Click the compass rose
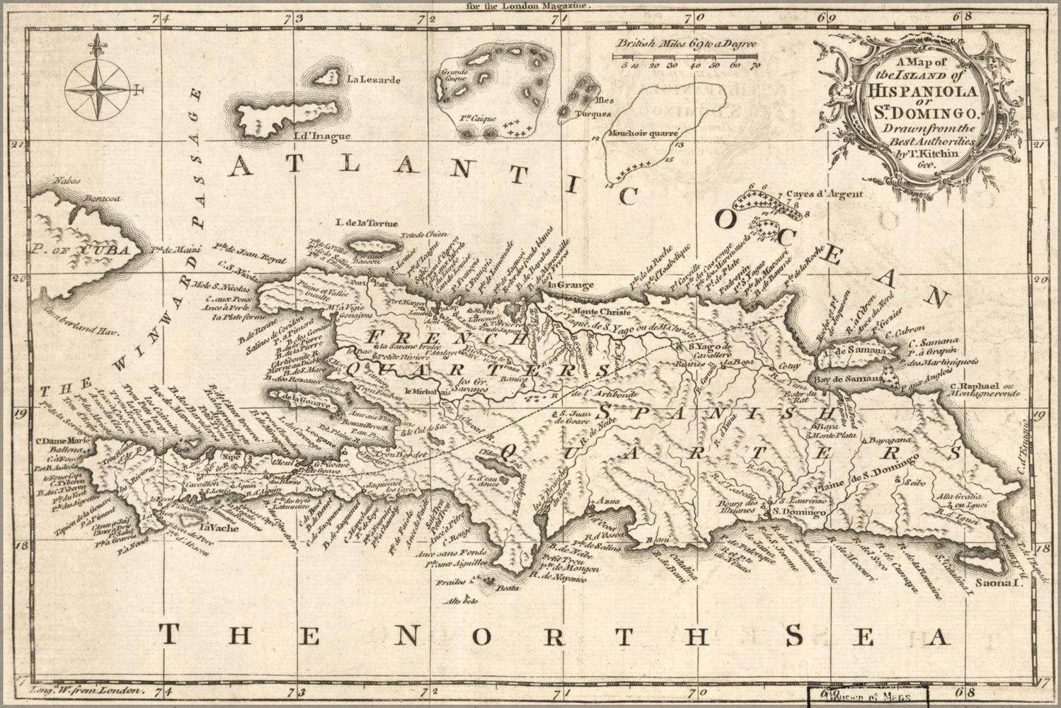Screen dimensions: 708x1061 [x=98, y=88]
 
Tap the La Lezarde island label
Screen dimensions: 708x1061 [x=373, y=80]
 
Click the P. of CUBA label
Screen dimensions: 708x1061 [x=80, y=249]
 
